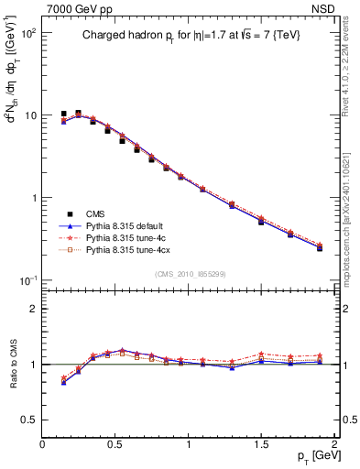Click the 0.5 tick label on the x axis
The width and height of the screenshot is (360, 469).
point(115,442)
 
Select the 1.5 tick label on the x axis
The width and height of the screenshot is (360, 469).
point(261,442)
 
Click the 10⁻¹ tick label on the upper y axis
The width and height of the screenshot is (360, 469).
point(27,280)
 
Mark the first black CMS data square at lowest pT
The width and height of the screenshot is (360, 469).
point(64,114)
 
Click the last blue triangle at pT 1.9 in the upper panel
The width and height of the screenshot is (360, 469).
point(320,248)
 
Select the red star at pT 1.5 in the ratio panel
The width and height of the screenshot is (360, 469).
point(261,354)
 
